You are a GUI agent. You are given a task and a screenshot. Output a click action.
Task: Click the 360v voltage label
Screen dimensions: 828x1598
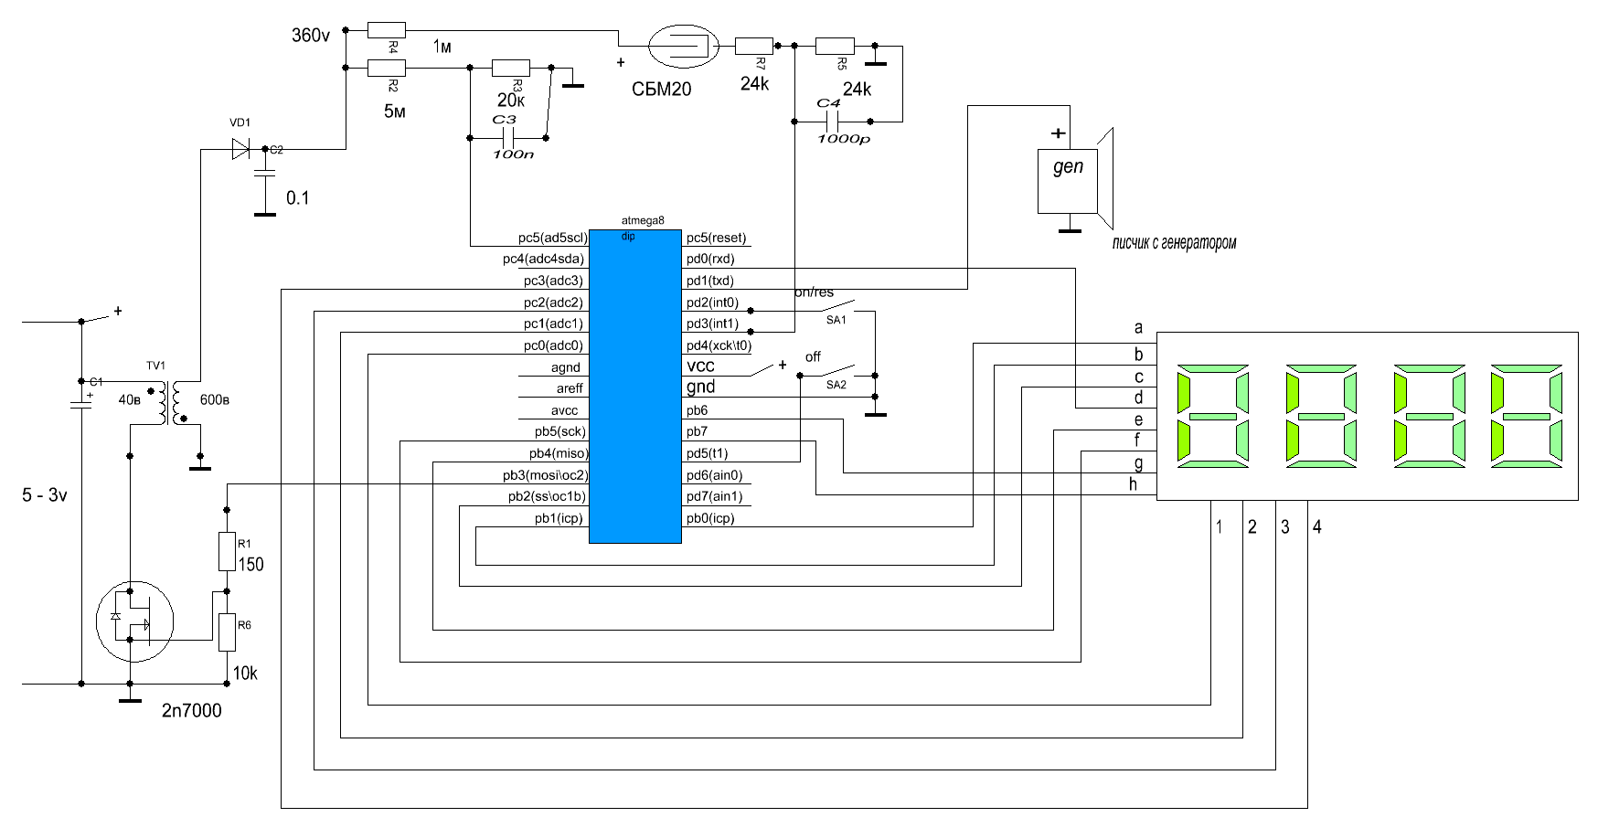tap(310, 36)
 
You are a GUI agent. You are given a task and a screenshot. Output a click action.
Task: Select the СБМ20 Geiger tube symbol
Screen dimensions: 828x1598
tap(681, 45)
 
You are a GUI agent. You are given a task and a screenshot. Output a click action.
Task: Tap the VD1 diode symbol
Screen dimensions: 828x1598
tap(240, 149)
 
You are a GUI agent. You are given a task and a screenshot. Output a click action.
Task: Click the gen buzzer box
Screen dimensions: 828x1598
tap(1067, 180)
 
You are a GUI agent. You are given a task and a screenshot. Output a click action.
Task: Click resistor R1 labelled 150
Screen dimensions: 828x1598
tap(228, 552)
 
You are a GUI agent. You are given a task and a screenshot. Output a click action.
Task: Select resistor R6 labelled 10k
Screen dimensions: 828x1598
tap(228, 632)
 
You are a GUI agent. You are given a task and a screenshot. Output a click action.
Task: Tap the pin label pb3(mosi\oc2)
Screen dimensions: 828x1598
tap(545, 475)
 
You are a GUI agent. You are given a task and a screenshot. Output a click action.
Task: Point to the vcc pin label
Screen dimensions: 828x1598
tap(700, 366)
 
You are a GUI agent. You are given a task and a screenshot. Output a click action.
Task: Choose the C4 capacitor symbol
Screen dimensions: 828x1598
tap(832, 122)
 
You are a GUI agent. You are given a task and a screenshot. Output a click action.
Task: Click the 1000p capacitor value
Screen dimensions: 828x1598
tap(843, 139)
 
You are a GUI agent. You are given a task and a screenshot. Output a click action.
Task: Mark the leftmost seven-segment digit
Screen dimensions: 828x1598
tap(1213, 417)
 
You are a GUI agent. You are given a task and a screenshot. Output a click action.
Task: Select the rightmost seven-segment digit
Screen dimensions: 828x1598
tap(1526, 417)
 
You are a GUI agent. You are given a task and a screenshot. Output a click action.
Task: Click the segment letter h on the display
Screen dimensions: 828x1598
tap(1134, 484)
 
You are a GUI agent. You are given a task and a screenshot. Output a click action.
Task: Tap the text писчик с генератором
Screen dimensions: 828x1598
tap(1174, 243)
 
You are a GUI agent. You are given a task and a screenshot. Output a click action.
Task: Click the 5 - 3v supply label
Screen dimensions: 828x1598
tap(45, 495)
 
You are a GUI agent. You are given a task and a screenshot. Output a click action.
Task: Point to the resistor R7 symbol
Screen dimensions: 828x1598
tap(754, 45)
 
